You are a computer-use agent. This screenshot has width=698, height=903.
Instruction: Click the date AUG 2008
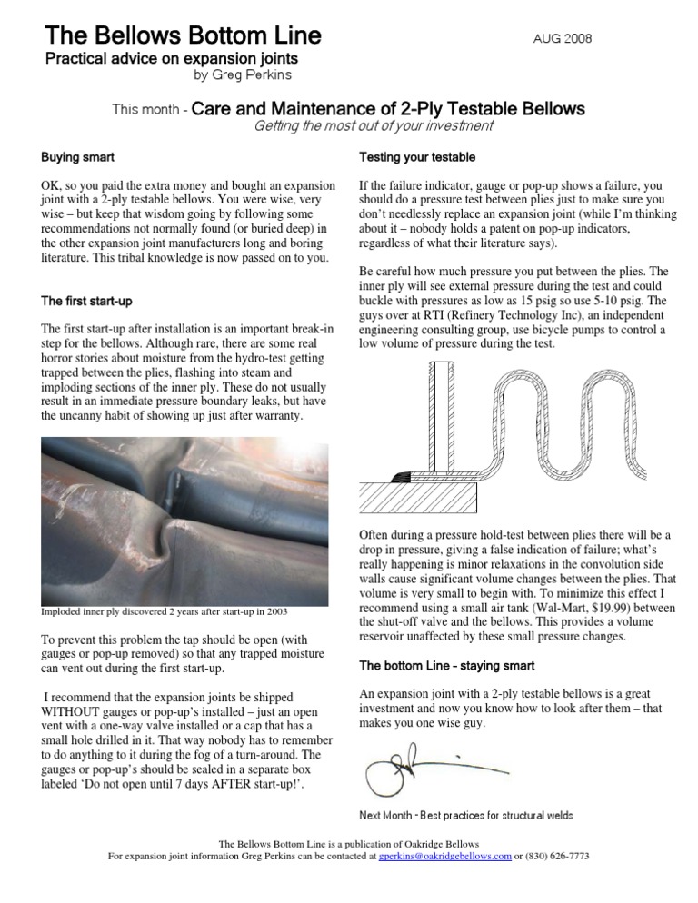pyautogui.click(x=563, y=38)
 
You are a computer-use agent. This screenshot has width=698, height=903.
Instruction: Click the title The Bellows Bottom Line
pyautogui.click(x=183, y=35)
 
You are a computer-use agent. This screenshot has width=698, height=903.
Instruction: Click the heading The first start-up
pyautogui.click(x=88, y=301)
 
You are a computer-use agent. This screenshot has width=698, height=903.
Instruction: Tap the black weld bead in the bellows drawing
pyautogui.click(x=401, y=477)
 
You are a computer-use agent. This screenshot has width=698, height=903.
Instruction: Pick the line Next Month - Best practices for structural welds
pyautogui.click(x=466, y=815)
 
